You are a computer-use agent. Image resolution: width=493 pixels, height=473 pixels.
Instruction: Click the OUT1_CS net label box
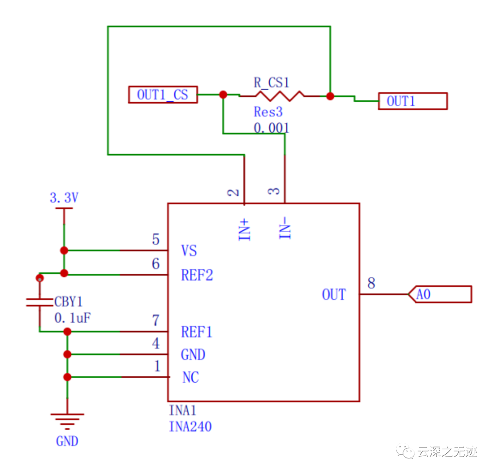point(163,95)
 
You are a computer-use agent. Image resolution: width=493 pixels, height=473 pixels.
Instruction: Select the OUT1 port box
point(413,101)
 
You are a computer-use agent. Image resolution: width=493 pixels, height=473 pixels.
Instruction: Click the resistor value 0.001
point(271,128)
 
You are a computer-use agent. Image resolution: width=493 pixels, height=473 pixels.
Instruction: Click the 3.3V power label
point(64,198)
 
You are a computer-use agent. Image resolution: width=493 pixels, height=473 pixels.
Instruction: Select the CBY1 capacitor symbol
point(39,301)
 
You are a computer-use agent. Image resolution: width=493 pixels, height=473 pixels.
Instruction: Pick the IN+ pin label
point(245,229)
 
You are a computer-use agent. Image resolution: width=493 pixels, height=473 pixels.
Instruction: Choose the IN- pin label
point(285,228)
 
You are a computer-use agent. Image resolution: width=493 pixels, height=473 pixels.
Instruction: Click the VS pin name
point(189,251)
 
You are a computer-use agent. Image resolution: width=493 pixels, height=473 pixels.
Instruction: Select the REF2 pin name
point(197,275)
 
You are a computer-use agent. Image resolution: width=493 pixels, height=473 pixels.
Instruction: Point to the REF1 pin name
point(197,332)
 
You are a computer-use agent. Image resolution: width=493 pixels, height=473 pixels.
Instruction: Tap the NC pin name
point(190,378)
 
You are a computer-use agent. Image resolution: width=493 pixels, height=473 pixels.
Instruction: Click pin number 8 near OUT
point(371,284)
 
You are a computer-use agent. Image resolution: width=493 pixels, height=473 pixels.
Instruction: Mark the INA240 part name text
point(190,427)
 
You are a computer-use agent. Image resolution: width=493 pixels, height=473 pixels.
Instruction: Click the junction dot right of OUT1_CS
point(223,94)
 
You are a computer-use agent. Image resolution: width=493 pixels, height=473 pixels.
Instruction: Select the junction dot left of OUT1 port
point(330,96)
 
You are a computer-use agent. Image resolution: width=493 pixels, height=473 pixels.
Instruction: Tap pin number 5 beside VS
point(156,239)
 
